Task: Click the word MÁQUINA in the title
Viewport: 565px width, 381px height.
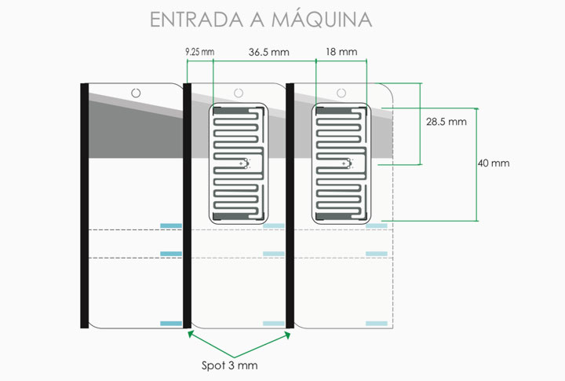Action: pyautogui.click(x=322, y=19)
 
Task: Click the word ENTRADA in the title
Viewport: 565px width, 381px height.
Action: pyautogui.click(x=197, y=20)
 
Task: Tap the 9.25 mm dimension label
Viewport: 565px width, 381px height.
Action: pyautogui.click(x=200, y=52)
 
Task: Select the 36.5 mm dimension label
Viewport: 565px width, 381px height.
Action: pyautogui.click(x=269, y=53)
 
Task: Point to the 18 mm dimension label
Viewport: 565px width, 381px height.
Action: pyautogui.click(x=341, y=52)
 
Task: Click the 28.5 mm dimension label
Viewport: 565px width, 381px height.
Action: pyautogui.click(x=446, y=122)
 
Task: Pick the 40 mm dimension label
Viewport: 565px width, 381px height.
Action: pyautogui.click(x=494, y=163)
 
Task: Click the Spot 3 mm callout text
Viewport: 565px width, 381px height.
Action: pyautogui.click(x=229, y=365)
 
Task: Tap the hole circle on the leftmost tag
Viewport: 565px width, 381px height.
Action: pyautogui.click(x=136, y=93)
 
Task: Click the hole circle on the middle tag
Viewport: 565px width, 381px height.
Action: pyautogui.click(x=239, y=93)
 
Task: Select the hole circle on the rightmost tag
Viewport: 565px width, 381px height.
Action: pyautogui.click(x=341, y=93)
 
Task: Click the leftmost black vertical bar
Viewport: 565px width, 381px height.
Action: pyautogui.click(x=84, y=206)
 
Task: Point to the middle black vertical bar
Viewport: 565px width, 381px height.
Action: pyautogui.click(x=187, y=206)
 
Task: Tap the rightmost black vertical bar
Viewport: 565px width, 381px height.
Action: pyautogui.click(x=290, y=206)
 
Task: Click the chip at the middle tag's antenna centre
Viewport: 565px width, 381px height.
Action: pyautogui.click(x=245, y=163)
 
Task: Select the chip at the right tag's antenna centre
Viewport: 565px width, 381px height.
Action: pyautogui.click(x=348, y=163)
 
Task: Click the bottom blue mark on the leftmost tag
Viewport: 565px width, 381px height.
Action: pyautogui.click(x=171, y=324)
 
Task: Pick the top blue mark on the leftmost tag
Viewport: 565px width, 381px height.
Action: pyautogui.click(x=171, y=226)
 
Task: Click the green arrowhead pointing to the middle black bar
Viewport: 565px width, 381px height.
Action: pyautogui.click(x=191, y=334)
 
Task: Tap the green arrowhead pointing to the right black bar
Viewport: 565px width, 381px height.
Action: pyautogui.click(x=287, y=335)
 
